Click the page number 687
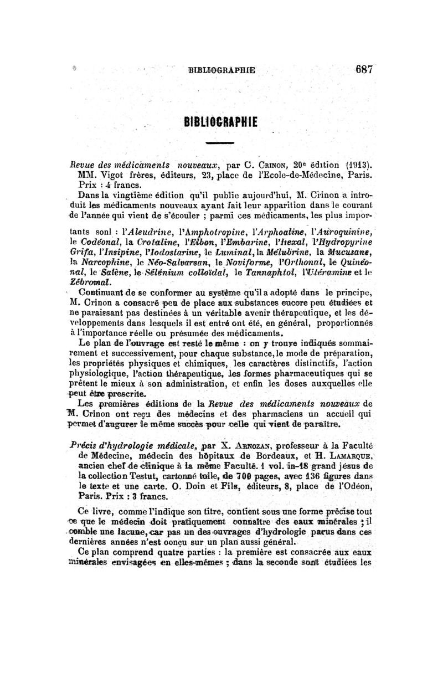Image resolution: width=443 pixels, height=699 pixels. [364, 70]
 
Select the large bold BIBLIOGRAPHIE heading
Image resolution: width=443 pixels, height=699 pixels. [221, 121]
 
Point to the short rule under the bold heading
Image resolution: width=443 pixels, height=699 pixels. [220, 144]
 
